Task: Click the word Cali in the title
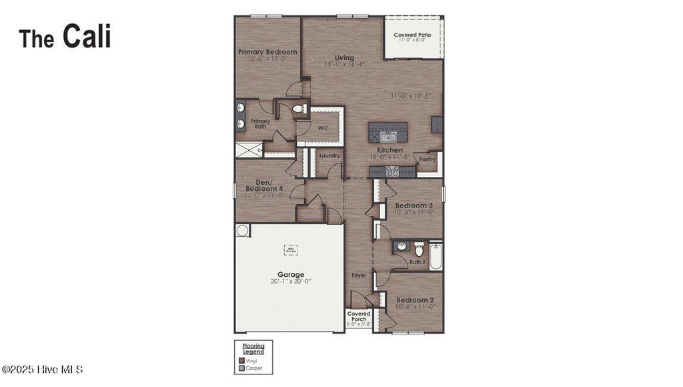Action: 87,37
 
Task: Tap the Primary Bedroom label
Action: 267,52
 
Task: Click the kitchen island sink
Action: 388,137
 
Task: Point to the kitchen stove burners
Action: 393,171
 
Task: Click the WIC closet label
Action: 323,127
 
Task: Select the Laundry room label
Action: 329,155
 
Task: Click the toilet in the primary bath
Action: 298,109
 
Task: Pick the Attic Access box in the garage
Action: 291,250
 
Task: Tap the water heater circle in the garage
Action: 242,231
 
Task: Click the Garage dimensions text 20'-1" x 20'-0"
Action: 291,282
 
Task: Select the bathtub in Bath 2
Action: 436,257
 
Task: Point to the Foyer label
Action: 359,275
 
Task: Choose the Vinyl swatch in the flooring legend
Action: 241,360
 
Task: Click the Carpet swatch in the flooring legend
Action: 241,368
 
